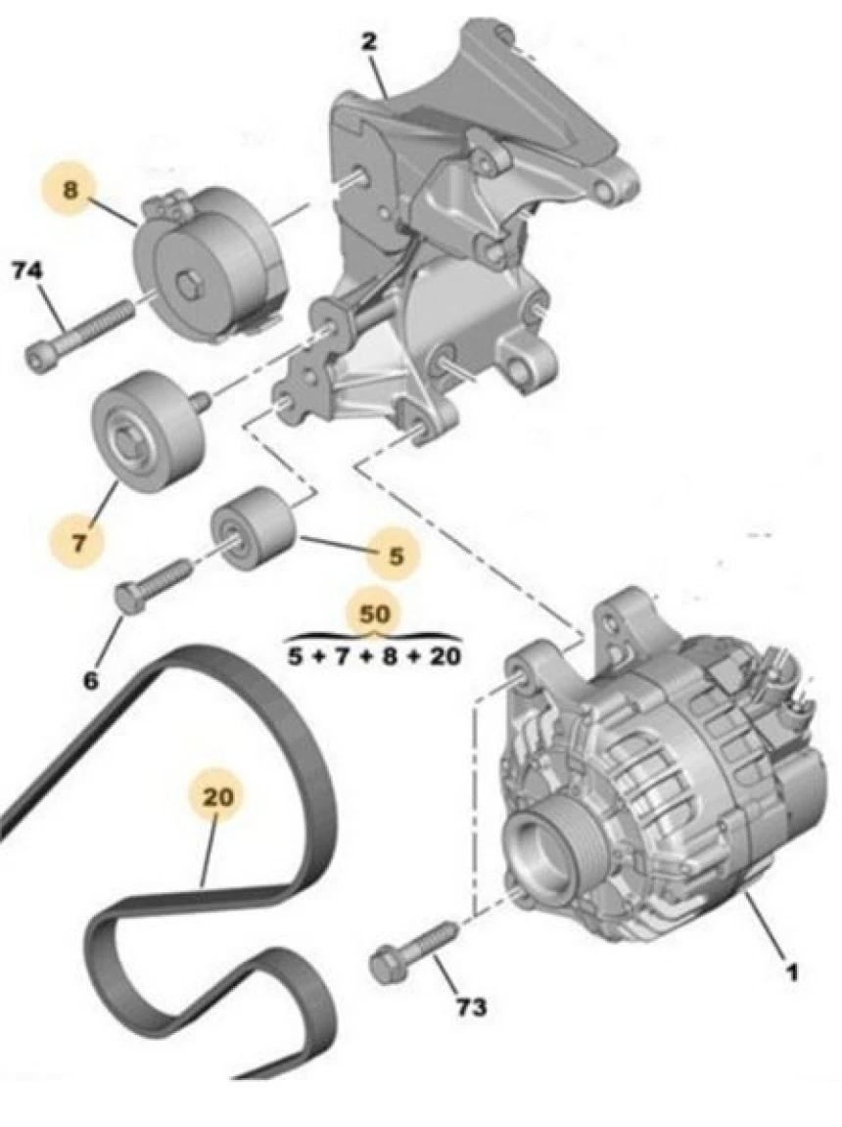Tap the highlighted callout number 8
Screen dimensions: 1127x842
[x=70, y=190]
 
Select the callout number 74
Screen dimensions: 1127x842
[x=26, y=271]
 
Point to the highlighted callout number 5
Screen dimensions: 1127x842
[x=396, y=556]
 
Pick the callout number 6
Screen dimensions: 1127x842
[x=90, y=679]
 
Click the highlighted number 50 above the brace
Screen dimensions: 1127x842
[x=374, y=614]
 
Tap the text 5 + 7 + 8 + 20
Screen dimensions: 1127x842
[x=374, y=656]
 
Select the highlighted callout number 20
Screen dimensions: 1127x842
[x=217, y=798]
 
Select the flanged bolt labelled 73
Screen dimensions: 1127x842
[x=409, y=951]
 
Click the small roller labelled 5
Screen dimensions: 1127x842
[x=254, y=529]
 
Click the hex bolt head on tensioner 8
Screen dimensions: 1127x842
[x=190, y=288]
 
